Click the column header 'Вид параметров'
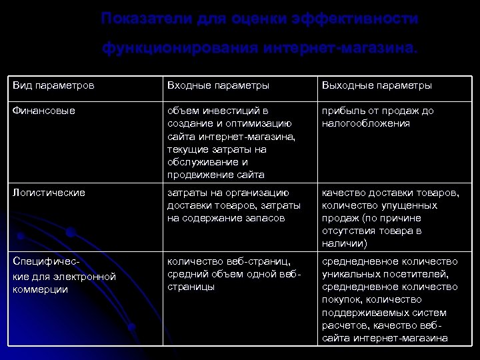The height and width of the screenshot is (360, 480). (53, 86)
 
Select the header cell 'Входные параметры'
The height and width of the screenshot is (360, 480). (218, 86)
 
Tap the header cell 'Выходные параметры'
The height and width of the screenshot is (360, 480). (377, 86)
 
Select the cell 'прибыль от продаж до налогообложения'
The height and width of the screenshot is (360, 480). (377, 117)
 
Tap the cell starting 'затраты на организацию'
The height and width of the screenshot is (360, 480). (233, 205)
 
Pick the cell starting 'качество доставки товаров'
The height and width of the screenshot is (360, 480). (390, 218)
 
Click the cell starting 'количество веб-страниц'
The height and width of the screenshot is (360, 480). (233, 274)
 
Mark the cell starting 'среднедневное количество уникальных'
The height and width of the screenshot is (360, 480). (390, 299)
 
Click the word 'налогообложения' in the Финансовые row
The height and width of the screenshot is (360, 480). (365, 124)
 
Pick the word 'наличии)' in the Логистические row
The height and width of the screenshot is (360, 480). (341, 244)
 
